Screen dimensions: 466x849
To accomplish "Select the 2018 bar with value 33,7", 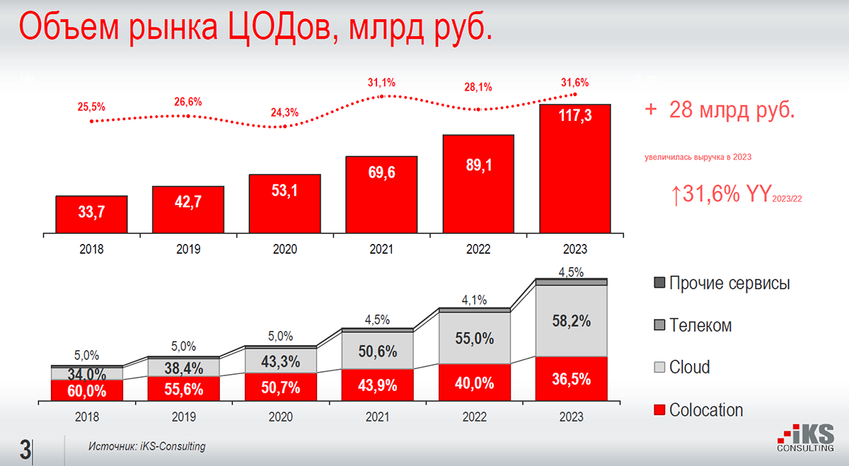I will pyautogui.click(x=91, y=214).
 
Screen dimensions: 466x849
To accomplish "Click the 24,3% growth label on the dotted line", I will pyautogui.click(x=284, y=112).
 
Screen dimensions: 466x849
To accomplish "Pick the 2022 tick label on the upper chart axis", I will pyautogui.click(x=478, y=249).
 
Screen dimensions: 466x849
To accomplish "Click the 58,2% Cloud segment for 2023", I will pyautogui.click(x=571, y=320).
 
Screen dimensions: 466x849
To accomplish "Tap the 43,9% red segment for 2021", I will pyautogui.click(x=377, y=385).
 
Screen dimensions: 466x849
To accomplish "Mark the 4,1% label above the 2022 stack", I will pyautogui.click(x=474, y=300).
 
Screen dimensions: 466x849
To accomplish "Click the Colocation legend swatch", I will pyautogui.click(x=659, y=410).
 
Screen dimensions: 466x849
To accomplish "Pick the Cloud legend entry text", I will pyautogui.click(x=689, y=368).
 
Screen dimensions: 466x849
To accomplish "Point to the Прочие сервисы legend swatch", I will pyautogui.click(x=659, y=284).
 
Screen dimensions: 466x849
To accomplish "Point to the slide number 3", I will pyautogui.click(x=25, y=450).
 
